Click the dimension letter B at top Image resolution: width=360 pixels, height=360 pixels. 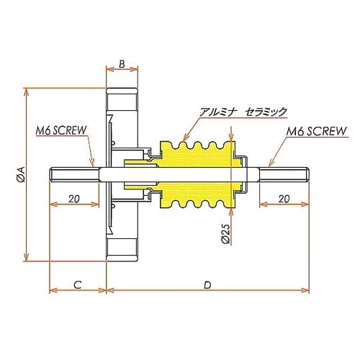point(122,64)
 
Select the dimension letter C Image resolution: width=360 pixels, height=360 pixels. point(76,284)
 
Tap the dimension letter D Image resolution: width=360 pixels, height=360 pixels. point(207,284)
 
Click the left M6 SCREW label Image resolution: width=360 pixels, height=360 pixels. point(61,130)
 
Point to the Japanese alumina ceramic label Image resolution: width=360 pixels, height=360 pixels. point(243,112)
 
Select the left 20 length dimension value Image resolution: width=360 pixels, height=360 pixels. point(73,198)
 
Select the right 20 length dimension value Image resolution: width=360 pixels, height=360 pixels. point(283,198)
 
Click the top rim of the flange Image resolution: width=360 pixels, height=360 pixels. point(122,94)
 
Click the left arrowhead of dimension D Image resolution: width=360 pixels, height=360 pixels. point(109,291)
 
